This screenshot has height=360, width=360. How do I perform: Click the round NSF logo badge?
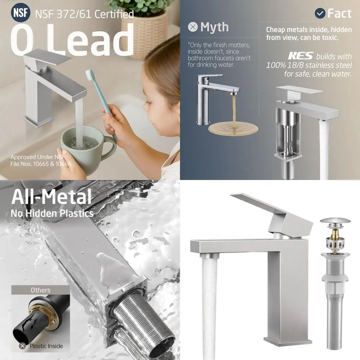click(x=21, y=13)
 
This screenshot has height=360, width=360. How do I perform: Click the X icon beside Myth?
click(x=193, y=27)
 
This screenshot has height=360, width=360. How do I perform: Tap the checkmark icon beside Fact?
click(x=320, y=13)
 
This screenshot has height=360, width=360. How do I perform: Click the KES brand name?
click(x=300, y=57)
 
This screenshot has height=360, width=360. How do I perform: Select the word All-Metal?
click(x=51, y=197)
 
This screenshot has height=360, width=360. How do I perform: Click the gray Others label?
click(x=40, y=290)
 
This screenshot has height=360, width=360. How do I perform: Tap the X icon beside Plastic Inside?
click(x=23, y=346)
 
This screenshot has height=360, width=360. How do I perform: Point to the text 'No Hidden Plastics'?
click(x=52, y=213)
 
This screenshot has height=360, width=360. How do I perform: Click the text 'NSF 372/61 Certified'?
click(x=84, y=14)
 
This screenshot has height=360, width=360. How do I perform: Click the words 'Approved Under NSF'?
click(x=37, y=157)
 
